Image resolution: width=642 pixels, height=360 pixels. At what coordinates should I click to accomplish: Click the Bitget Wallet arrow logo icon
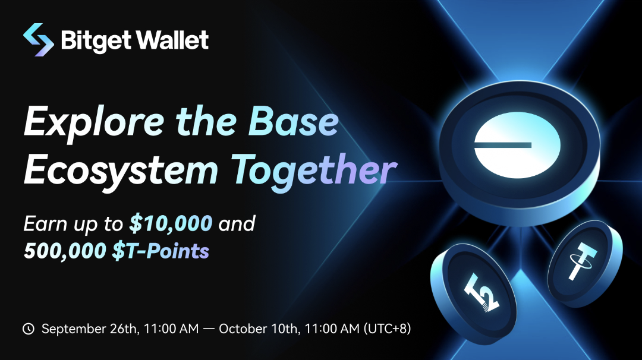click(x=39, y=40)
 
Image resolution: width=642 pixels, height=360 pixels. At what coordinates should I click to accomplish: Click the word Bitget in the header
click(x=96, y=40)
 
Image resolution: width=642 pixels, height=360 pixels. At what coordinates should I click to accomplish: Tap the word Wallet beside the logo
click(x=172, y=40)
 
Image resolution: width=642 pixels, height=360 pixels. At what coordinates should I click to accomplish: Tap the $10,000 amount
click(x=171, y=223)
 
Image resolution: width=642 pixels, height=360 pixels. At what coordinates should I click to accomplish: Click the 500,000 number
click(x=65, y=250)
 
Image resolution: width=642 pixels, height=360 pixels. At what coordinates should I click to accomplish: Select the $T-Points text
click(x=160, y=250)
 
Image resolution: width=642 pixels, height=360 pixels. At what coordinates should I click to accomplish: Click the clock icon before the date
click(x=29, y=329)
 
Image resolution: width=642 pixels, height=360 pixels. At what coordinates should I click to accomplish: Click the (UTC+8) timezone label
click(x=387, y=329)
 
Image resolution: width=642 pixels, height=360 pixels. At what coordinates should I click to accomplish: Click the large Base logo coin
click(x=520, y=151)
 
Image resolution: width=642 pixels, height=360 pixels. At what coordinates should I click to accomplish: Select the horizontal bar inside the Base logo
click(x=503, y=145)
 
